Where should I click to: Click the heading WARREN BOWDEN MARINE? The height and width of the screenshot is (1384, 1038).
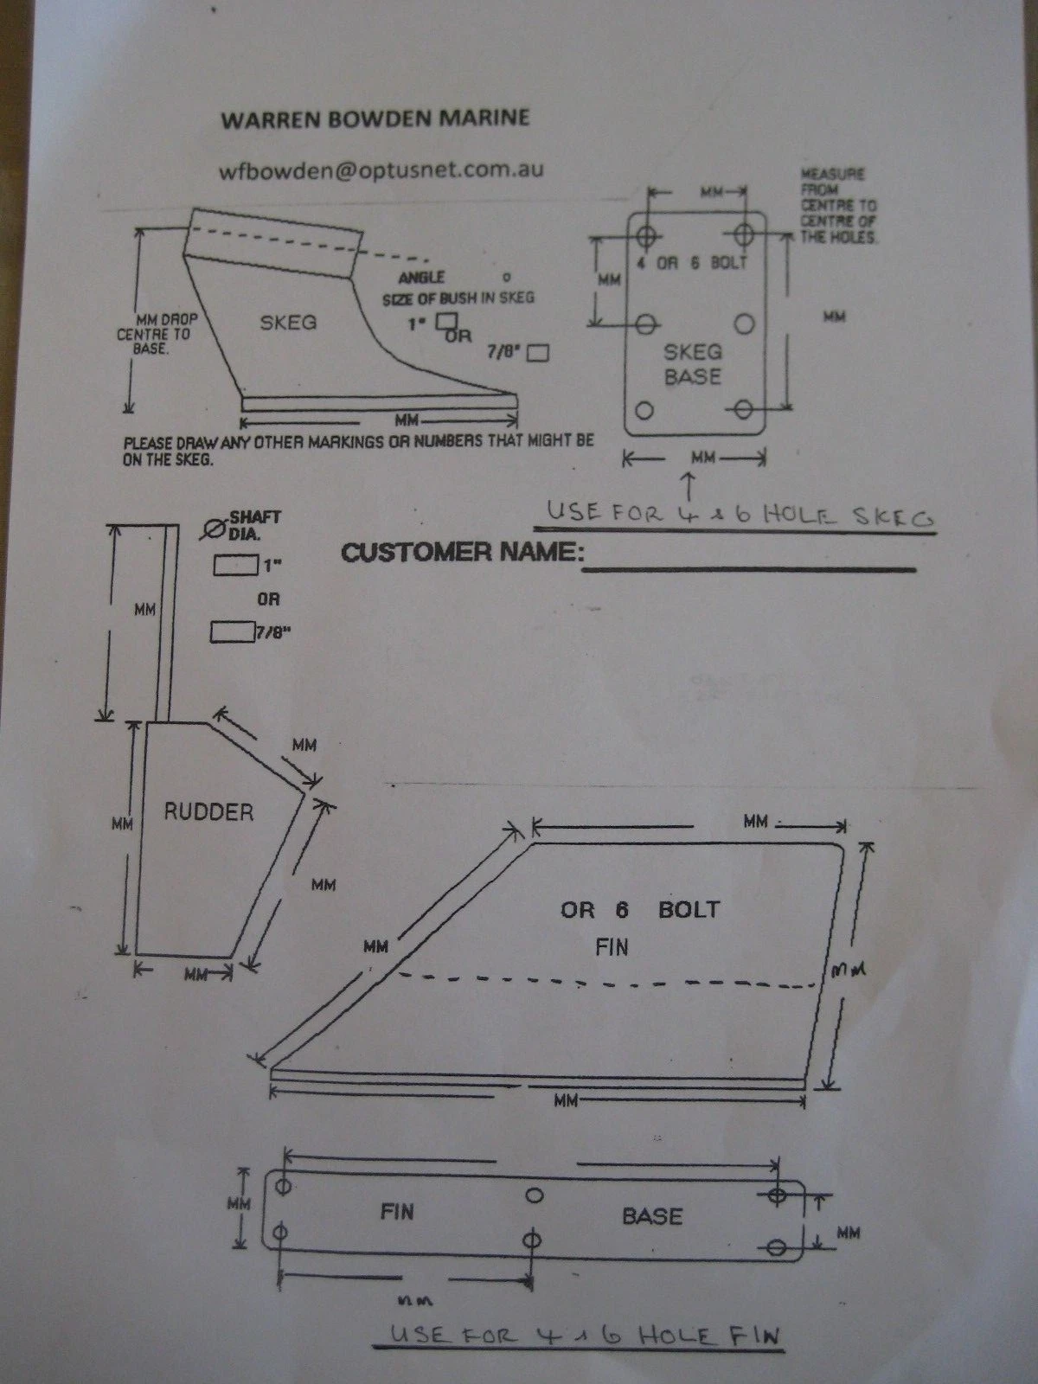click(375, 119)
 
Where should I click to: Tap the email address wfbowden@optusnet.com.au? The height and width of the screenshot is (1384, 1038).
click(381, 170)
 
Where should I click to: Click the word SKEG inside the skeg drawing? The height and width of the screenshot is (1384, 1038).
click(288, 323)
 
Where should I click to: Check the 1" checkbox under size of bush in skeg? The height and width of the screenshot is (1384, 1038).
click(447, 321)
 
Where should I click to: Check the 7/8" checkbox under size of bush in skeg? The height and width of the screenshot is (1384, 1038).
click(537, 353)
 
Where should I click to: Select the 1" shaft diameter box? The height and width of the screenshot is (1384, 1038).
click(235, 565)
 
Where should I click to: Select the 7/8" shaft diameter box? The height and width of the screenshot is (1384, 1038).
click(233, 631)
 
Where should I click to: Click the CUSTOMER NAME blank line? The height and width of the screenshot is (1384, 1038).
click(749, 569)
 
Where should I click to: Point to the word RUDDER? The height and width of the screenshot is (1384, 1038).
click(208, 812)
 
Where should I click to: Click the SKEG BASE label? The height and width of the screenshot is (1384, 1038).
click(693, 364)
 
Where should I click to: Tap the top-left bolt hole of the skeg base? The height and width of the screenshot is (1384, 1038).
click(645, 237)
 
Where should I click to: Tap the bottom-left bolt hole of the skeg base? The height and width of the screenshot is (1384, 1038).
click(644, 411)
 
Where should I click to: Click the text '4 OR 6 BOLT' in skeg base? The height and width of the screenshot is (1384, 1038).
click(691, 263)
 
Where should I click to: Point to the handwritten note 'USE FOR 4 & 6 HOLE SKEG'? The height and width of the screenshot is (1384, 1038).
click(740, 516)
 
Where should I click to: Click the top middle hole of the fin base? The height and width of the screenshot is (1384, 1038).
click(535, 1195)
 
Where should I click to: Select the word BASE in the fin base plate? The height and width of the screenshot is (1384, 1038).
click(652, 1216)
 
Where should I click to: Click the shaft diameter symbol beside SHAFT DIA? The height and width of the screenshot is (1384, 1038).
click(214, 529)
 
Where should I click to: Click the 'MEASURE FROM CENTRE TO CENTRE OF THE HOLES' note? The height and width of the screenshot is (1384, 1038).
click(839, 206)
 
